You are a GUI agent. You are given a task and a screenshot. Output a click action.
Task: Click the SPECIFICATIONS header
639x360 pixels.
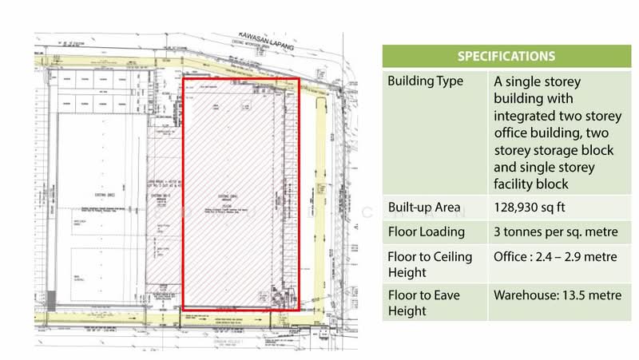click(x=506, y=57)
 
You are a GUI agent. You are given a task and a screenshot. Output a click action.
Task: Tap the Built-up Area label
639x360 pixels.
click(x=425, y=208)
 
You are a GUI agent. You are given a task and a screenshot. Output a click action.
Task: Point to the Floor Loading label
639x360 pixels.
click(x=426, y=233)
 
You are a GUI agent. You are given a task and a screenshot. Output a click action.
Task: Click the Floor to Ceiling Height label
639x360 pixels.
click(x=429, y=267)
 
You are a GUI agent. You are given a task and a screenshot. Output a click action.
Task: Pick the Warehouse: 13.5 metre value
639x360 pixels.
click(x=557, y=295)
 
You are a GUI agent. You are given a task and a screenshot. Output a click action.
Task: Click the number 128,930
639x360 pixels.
click(x=520, y=208)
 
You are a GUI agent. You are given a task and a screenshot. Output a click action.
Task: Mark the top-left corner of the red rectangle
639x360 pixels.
click(x=185, y=78)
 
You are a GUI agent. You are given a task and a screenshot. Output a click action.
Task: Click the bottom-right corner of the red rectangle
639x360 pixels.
click(x=300, y=309)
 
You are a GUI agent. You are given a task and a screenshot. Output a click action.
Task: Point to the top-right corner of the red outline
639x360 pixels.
click(x=300, y=78)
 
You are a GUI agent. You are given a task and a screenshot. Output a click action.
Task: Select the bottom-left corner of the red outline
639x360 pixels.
click(x=185, y=309)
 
